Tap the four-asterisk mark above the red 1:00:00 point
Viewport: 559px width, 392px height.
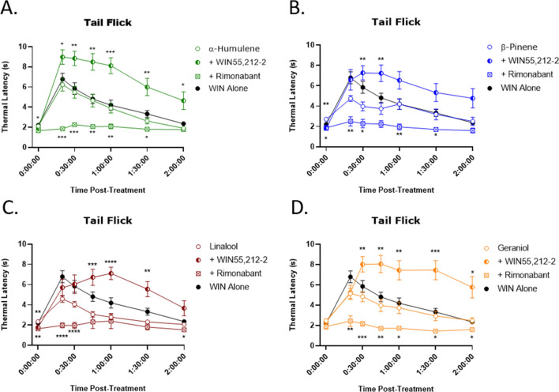pos(111,262)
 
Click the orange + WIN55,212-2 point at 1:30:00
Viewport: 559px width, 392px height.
pos(434,270)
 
